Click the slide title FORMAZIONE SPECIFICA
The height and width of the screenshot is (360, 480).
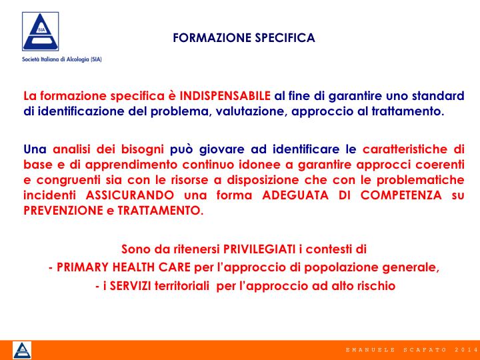pyautogui.click(x=244, y=38)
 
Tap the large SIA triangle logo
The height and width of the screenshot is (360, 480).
pyautogui.click(x=41, y=31)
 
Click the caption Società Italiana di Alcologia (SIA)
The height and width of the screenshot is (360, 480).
pyautogui.click(x=62, y=59)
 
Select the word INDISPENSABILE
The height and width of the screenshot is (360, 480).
pyautogui.click(x=225, y=96)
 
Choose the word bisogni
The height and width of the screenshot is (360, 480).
pyautogui.click(x=143, y=150)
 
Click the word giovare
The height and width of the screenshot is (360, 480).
pyautogui.click(x=221, y=150)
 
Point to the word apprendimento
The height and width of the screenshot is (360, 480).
pyautogui.click(x=131, y=165)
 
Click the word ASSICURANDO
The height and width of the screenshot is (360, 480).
pyautogui.click(x=130, y=195)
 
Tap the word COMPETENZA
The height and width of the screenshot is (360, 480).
pyautogui.click(x=401, y=195)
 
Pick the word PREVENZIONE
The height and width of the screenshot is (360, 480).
pyautogui.click(x=63, y=211)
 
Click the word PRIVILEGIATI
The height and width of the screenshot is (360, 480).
pyautogui.click(x=259, y=249)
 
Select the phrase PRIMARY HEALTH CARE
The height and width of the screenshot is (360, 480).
pyautogui.click(x=124, y=267)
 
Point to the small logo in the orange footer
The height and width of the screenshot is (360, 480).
pyautogui.click(x=22, y=350)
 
